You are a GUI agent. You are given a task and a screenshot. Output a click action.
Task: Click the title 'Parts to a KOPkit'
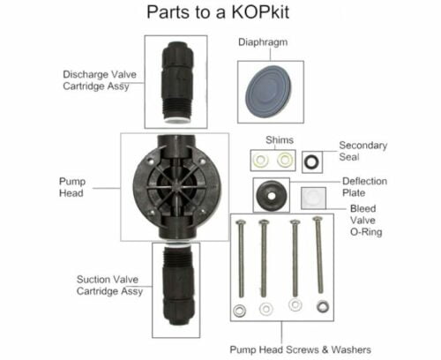[220, 14]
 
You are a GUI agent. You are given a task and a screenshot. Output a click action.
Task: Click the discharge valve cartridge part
[175, 81]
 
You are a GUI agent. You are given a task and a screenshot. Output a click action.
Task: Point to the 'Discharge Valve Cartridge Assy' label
[99, 80]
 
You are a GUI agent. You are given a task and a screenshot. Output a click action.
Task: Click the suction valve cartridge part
[175, 288]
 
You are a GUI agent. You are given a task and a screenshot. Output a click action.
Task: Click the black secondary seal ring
[310, 161]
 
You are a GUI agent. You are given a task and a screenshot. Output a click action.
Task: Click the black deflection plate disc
[267, 193]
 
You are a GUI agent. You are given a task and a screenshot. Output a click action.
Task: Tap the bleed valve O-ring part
[310, 196]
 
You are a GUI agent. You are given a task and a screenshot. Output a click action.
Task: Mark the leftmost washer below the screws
[239, 310]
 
